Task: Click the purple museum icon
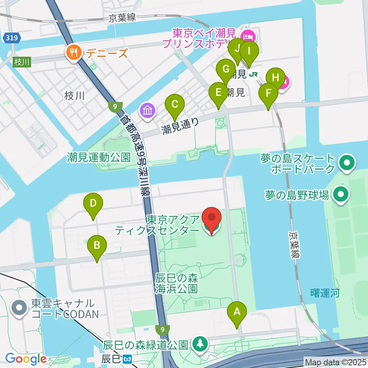[148, 111]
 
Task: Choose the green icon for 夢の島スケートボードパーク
[347, 163]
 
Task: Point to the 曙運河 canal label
[325, 294]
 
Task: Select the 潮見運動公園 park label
[99, 157]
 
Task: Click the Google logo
[26, 359]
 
